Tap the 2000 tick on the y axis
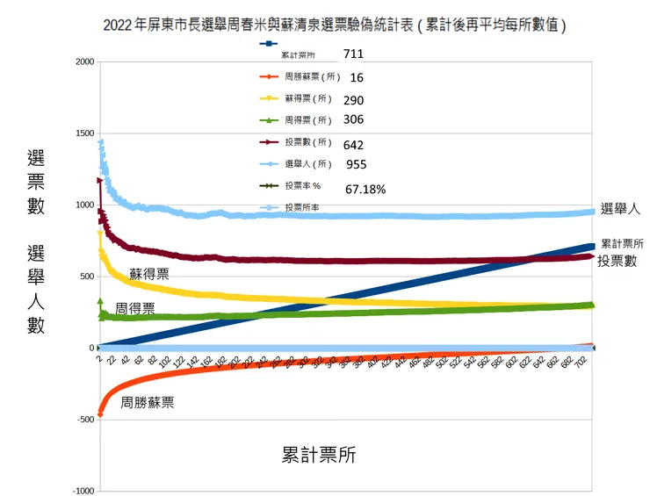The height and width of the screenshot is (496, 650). tap(85, 62)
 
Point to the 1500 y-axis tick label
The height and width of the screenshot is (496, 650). tap(85, 133)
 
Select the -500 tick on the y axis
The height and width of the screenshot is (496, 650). tap(85, 420)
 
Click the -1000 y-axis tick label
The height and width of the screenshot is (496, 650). tap(83, 491)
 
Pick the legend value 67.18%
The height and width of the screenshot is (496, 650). tap(365, 189)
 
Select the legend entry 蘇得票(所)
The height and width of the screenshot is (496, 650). tap(308, 99)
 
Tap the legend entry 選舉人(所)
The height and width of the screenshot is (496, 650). tap(308, 164)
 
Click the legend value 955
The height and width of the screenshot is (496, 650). tap(357, 165)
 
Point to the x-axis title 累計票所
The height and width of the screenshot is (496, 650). tap(319, 456)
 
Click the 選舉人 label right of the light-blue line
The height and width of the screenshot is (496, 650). tap(621, 208)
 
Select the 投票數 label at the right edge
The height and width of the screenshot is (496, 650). tap(617, 261)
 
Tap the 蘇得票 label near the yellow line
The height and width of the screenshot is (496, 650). tap(150, 274)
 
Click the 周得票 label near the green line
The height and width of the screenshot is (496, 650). tap(135, 309)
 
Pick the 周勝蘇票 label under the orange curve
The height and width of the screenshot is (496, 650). tap(148, 403)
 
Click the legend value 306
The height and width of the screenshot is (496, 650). tap(354, 120)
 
